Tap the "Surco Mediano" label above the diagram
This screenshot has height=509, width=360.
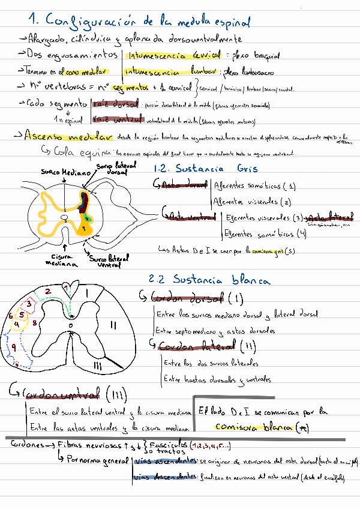[62, 171]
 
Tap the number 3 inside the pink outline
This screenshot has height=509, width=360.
[28, 305]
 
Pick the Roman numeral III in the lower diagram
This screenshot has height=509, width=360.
[97, 365]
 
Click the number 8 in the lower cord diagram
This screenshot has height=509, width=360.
[35, 323]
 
